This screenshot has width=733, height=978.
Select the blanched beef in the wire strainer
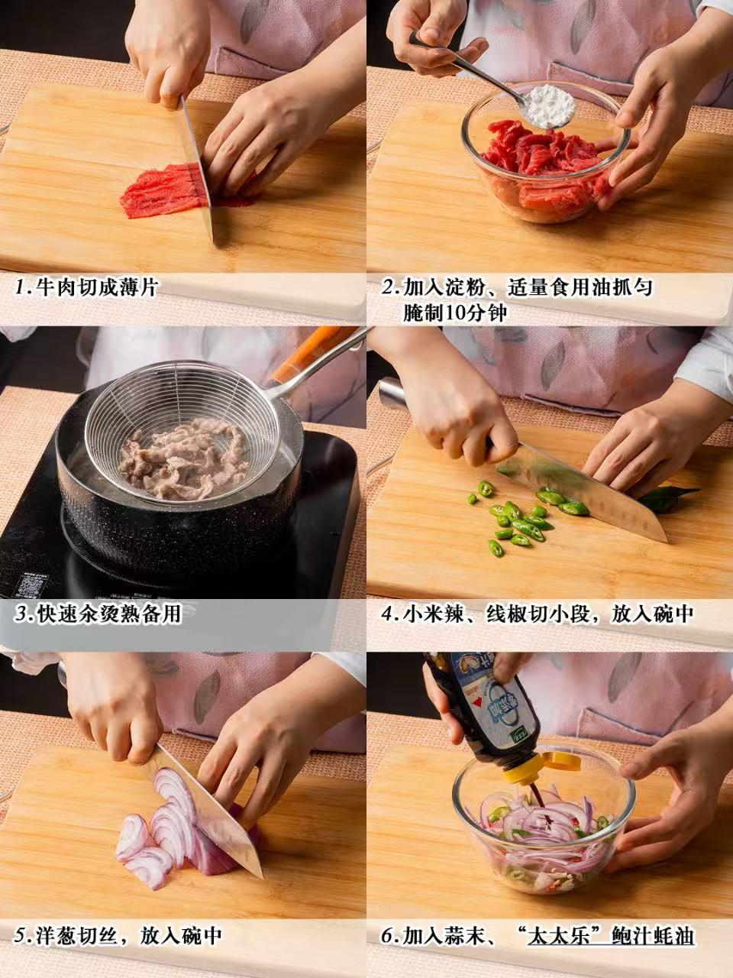pyautogui.click(x=182, y=459)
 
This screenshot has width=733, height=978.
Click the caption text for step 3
pyautogui.click(x=98, y=614)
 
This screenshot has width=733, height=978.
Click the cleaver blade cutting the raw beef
pyautogui.click(x=198, y=170)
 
